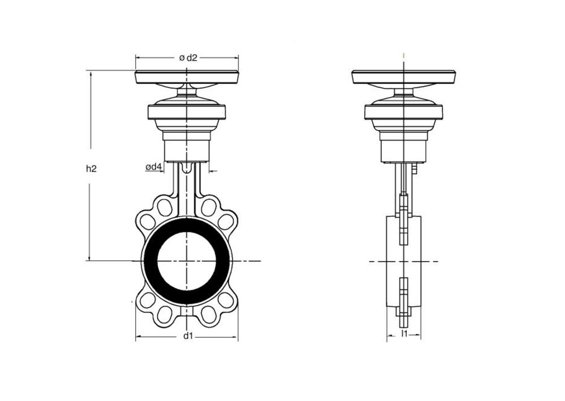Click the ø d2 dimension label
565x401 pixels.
coord(188,58)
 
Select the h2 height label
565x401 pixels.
coord(91,168)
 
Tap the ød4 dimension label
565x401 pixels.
coord(154,167)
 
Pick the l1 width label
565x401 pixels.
coord(405,333)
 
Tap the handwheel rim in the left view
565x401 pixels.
coord(186,78)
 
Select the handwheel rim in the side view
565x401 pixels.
coord(404,78)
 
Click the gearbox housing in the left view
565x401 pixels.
coord(186,112)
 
